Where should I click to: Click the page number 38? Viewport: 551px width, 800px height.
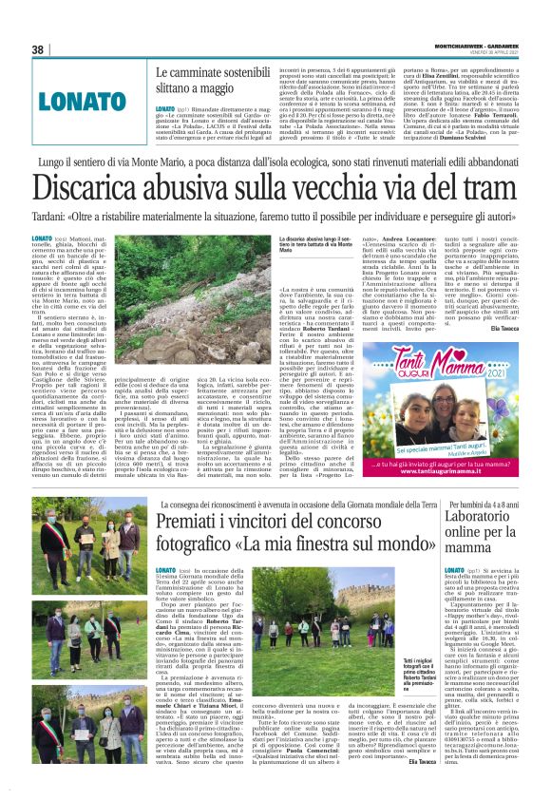38,49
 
